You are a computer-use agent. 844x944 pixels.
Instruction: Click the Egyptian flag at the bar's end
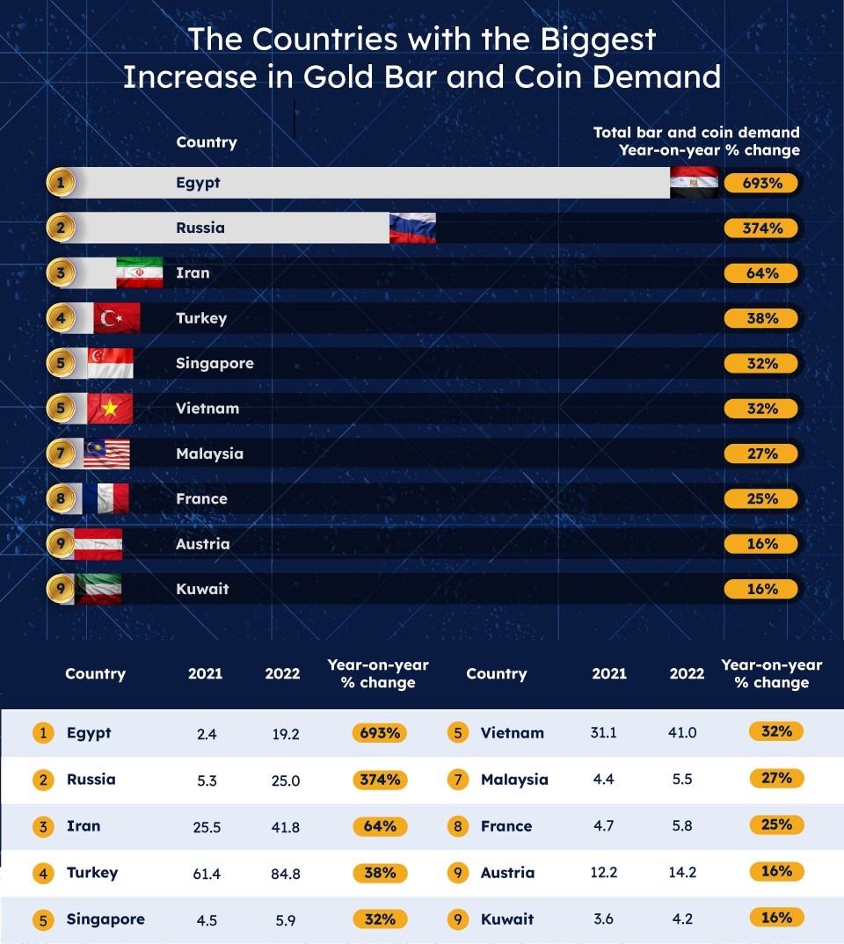pos(694,182)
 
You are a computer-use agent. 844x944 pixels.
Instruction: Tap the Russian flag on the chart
pos(412,228)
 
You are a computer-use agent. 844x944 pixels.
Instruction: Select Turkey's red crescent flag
pos(116,317)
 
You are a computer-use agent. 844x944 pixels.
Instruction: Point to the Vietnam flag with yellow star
pos(110,408)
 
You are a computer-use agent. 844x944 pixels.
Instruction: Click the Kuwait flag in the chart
pos(98,588)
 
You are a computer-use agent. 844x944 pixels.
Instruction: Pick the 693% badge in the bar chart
pos(761,183)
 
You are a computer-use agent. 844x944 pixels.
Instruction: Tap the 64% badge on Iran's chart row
pos(761,273)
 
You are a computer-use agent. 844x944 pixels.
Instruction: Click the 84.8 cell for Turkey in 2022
pos(286,874)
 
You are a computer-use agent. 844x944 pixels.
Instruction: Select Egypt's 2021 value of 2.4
pos(207,734)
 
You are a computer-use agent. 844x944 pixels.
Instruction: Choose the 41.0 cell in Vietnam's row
pos(682,733)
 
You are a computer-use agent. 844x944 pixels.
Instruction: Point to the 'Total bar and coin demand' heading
pos(696,133)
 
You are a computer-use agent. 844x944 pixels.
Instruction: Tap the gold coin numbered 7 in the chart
pos(61,454)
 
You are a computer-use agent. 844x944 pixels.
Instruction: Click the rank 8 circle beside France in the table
pos(457,826)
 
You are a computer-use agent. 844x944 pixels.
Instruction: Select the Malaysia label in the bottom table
pos(514,780)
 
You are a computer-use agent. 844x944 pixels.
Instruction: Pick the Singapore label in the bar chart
pos(215,363)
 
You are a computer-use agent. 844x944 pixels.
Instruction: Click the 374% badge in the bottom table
pos(379,780)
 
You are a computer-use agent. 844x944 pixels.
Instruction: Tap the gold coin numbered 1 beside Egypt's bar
pos(61,183)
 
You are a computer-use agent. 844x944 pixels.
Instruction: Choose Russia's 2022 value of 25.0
pos(286,780)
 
